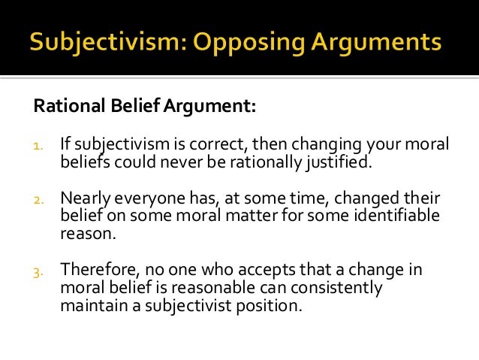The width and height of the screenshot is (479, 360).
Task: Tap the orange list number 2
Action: point(38,201)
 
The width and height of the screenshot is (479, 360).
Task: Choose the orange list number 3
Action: point(38,271)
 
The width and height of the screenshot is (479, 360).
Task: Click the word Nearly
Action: point(85,199)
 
